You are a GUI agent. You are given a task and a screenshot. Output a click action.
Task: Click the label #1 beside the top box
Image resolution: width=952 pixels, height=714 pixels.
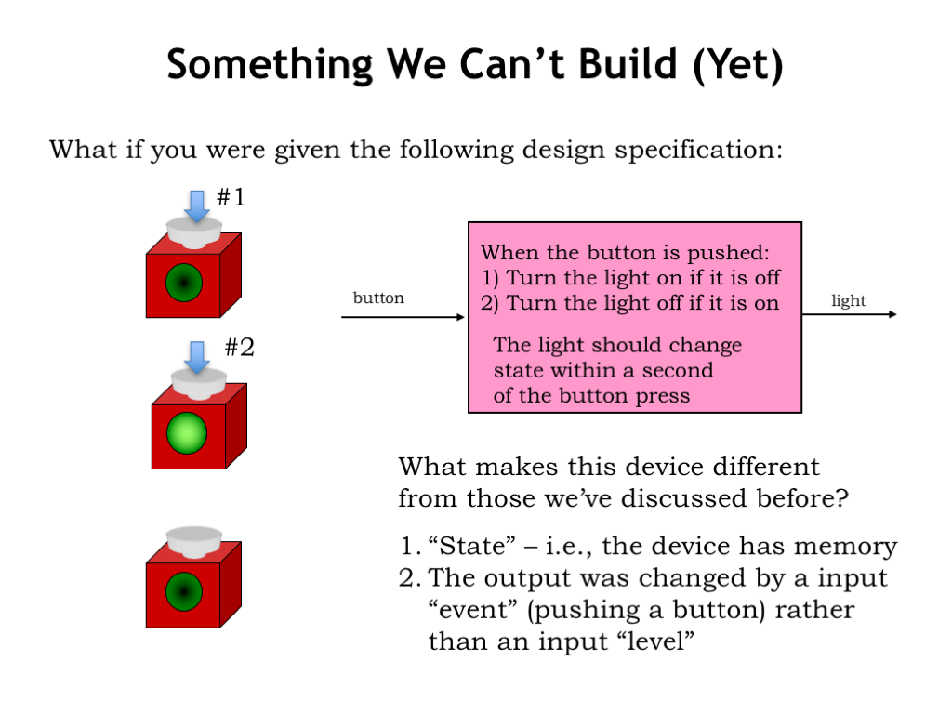pos(231,197)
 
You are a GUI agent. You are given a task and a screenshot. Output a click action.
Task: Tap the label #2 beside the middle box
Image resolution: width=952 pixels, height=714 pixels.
pos(239,348)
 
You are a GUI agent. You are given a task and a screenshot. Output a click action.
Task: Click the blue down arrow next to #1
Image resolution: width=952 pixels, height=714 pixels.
pos(197,205)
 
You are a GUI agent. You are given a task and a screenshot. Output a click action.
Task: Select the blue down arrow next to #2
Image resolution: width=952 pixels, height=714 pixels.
pos(197,357)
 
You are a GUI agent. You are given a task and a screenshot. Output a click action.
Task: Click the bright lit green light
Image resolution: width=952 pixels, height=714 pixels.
pos(186,433)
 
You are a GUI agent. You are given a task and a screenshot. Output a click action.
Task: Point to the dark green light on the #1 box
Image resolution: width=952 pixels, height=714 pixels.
pos(184,283)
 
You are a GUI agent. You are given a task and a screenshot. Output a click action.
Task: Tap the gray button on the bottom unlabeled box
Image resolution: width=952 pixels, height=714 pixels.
pos(194,542)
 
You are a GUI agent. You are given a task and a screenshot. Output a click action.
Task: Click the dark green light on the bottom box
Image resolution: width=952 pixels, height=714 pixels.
pos(184,591)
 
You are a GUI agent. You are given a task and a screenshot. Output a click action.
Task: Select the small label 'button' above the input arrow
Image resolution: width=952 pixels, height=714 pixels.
pos(378,297)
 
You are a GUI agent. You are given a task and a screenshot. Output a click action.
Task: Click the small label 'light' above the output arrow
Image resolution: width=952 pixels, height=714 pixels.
pos(848,300)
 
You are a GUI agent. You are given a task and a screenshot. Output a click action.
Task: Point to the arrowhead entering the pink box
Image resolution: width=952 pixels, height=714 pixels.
pos(460,317)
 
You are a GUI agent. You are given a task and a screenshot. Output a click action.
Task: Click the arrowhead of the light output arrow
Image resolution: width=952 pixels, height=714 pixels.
pos(892,314)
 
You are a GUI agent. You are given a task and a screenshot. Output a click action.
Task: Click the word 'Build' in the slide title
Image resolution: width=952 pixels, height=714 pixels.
pos(628,64)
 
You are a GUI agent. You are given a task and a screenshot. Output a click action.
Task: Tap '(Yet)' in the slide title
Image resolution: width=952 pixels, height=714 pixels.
pos(738,65)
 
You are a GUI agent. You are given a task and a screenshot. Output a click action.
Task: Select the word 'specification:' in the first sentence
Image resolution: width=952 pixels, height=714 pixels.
pos(699,150)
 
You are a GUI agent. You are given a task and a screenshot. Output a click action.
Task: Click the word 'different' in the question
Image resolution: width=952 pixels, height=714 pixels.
pos(766,467)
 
